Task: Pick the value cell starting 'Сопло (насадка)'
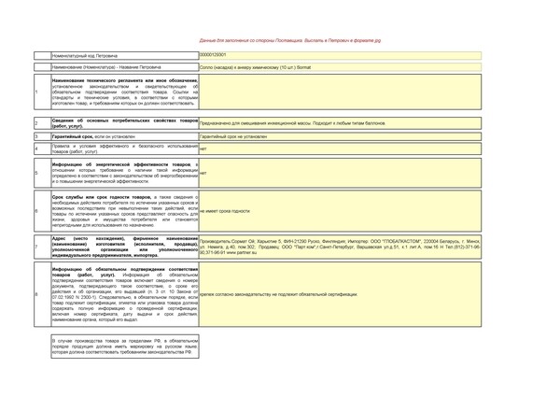tap(245, 67)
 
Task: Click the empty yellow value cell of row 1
tap(373, 92)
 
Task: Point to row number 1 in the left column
tap(35, 92)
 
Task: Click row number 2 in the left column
tap(35, 123)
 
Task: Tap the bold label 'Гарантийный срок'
tap(75, 136)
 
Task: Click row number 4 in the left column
tap(35, 148)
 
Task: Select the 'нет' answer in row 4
tap(203, 148)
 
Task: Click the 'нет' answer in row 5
tap(203, 174)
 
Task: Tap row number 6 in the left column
tap(35, 212)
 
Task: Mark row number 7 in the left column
tap(35, 246)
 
